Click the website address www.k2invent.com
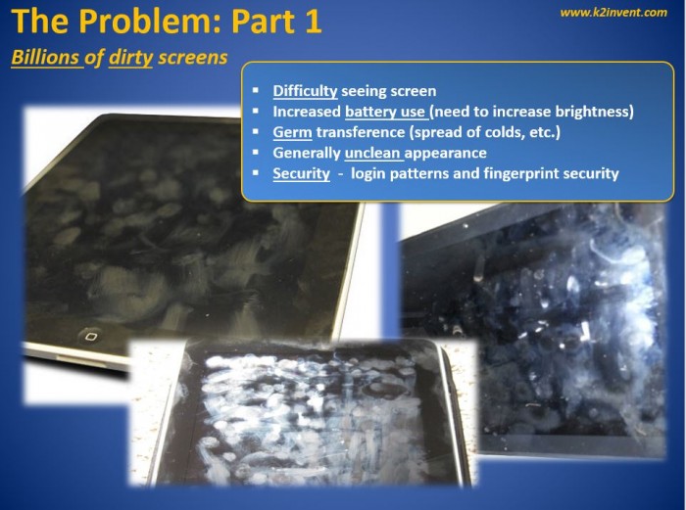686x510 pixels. [x=613, y=13]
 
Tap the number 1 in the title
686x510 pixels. [x=314, y=21]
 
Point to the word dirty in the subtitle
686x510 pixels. [x=130, y=58]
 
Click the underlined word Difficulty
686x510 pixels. [x=305, y=91]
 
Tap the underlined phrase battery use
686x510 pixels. [x=385, y=112]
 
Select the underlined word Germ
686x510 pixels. [x=292, y=132]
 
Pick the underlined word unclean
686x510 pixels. [x=372, y=153]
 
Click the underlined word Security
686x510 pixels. [x=302, y=173]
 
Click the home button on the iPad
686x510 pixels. [x=90, y=336]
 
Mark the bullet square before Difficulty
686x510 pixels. [x=256, y=90]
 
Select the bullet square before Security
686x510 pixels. [x=256, y=173]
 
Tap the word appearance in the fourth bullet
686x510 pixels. [x=445, y=153]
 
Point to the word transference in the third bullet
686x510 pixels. [x=361, y=132]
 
